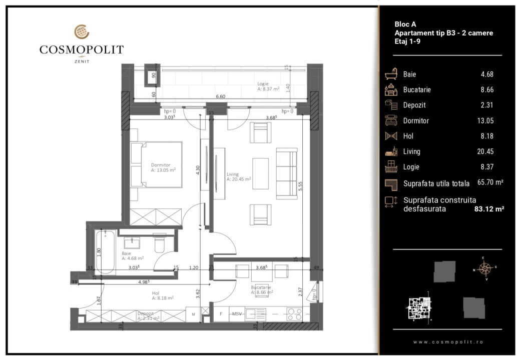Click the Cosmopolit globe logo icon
pyautogui.click(x=82, y=32)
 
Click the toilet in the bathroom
pyautogui.click(x=160, y=243)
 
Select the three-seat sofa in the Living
pyautogui.click(x=287, y=173)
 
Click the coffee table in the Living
pyautogui.click(x=261, y=173)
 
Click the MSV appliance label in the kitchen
pyautogui.click(x=236, y=314)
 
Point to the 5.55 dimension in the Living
pyautogui.click(x=299, y=184)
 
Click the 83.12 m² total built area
pyautogui.click(x=488, y=209)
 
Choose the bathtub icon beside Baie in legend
pyautogui.click(x=391, y=74)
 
